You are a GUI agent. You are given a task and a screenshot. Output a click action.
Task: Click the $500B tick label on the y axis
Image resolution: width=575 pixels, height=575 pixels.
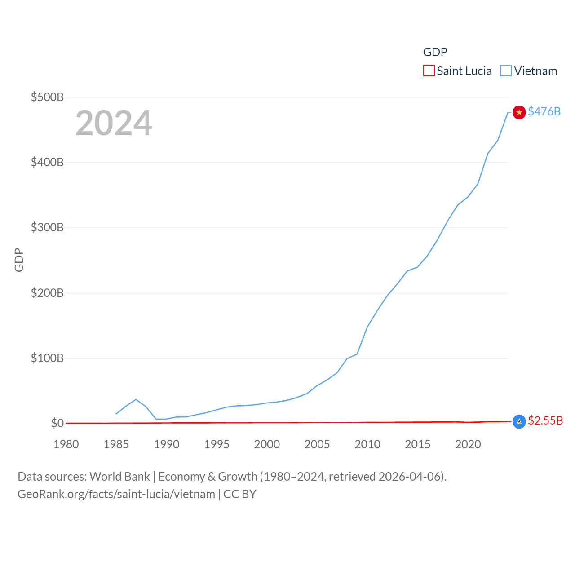[47, 97]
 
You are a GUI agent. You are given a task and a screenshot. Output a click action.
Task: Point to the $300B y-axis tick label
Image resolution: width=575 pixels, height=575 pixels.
[47, 227]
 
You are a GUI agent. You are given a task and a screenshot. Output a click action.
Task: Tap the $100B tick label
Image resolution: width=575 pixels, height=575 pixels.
[47, 358]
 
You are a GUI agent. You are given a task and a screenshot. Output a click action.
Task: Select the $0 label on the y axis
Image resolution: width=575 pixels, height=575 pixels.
[57, 423]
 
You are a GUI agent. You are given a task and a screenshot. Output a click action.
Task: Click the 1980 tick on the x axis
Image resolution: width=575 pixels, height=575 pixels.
[66, 444]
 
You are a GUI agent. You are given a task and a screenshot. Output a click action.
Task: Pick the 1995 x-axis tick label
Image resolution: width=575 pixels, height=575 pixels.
[217, 444]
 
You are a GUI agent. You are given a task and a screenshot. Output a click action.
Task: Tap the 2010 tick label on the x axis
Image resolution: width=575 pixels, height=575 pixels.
[367, 444]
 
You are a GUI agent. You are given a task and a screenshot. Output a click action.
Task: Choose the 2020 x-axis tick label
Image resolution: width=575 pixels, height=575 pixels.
[468, 444]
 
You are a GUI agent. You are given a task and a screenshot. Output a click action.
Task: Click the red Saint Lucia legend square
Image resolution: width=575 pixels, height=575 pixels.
[429, 71]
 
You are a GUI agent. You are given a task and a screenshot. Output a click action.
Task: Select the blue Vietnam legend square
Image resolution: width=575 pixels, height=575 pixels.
[506, 71]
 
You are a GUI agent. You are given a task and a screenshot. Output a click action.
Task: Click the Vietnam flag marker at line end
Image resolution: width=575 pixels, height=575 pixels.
[519, 112]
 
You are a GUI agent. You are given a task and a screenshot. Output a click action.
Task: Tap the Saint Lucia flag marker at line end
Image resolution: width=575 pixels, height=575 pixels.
[519, 421]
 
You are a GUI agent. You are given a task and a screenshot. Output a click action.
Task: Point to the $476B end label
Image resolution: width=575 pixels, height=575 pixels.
[544, 111]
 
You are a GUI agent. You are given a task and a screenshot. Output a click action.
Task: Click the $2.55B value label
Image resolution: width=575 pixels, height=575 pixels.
[545, 420]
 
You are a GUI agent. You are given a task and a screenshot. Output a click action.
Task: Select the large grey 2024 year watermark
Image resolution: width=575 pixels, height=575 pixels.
[114, 123]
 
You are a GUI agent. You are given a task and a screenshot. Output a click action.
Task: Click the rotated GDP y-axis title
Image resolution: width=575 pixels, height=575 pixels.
[19, 260]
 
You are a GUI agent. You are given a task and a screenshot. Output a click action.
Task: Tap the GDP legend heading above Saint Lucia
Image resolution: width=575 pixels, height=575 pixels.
[435, 52]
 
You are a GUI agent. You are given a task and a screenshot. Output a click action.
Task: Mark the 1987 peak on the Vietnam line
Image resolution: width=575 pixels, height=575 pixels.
[136, 399]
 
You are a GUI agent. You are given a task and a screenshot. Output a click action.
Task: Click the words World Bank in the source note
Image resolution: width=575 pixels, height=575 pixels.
[120, 477]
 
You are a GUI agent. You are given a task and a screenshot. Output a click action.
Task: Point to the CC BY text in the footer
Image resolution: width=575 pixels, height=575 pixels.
[240, 494]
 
